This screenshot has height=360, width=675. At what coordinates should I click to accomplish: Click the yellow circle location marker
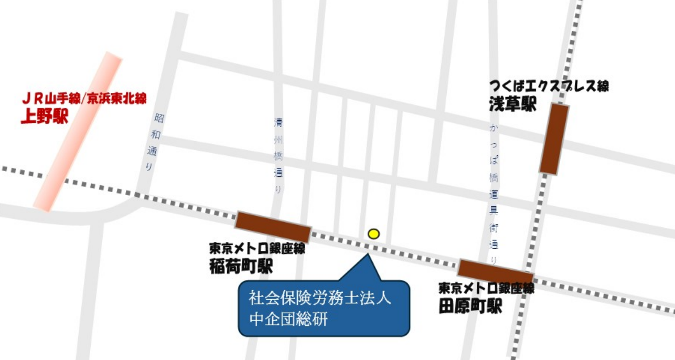pyautogui.click(x=373, y=234)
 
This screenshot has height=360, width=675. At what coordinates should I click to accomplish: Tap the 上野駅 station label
pyautogui.click(x=44, y=115)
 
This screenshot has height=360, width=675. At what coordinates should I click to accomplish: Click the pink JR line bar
pyautogui.click(x=77, y=132)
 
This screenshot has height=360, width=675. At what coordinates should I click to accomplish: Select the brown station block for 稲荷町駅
pyautogui.click(x=273, y=227)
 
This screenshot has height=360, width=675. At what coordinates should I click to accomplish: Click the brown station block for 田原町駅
pyautogui.click(x=496, y=272)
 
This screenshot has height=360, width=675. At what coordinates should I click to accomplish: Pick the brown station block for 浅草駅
pyautogui.click(x=554, y=139)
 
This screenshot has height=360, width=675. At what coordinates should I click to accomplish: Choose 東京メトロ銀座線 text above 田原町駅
pyautogui.click(x=486, y=288)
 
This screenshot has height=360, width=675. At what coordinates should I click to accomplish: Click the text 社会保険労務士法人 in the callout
pyautogui.click(x=320, y=299)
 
